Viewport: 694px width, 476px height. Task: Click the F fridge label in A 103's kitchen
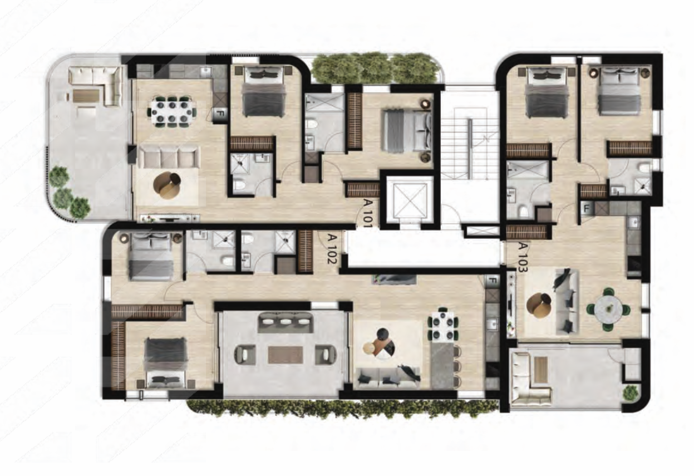pyautogui.click(x=585, y=209)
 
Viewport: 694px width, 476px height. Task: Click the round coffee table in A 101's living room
pyautogui.click(x=168, y=185)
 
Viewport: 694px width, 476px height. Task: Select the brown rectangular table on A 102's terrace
pyautogui.click(x=285, y=355)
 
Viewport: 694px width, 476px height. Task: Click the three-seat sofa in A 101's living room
pyautogui.click(x=168, y=158)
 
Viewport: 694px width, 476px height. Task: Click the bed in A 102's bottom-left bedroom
pyautogui.click(x=166, y=361)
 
